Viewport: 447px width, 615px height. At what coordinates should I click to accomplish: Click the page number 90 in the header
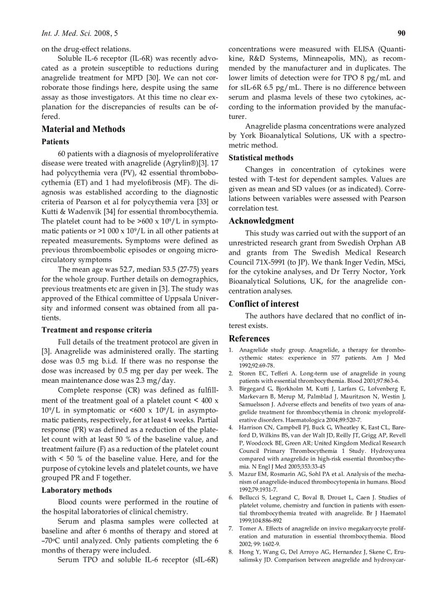click(401, 33)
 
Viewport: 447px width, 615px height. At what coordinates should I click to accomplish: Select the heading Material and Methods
click(83, 129)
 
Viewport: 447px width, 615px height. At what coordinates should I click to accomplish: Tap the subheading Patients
click(55, 142)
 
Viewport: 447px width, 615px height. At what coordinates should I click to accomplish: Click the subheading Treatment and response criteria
click(97, 330)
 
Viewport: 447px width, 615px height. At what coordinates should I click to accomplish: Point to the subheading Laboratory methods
click(77, 490)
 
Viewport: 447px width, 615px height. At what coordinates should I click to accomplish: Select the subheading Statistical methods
click(261, 158)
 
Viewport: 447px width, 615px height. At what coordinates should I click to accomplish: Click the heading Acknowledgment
click(261, 221)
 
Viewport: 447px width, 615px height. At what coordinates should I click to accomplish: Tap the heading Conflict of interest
click(264, 304)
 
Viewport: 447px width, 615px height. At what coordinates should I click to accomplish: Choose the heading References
click(249, 338)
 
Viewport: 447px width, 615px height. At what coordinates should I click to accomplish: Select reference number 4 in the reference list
click(231, 427)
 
